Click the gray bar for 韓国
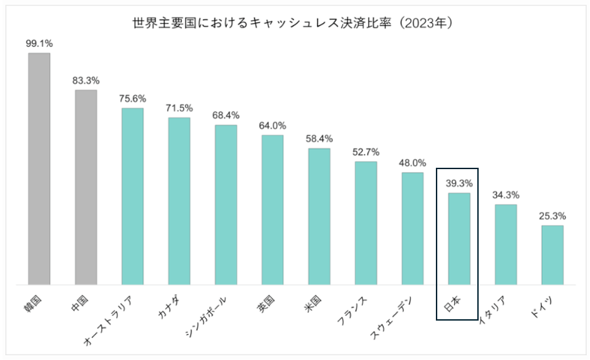click(39, 168)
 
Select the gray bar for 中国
click(86, 187)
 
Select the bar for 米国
click(319, 216)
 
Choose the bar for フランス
click(366, 223)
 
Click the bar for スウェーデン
click(413, 228)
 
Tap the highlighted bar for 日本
click(459, 238)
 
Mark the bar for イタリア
click(506, 244)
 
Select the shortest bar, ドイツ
click(553, 255)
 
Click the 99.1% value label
click(39, 43)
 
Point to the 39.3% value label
click(459, 183)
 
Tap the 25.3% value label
click(553, 216)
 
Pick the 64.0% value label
click(272, 126)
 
